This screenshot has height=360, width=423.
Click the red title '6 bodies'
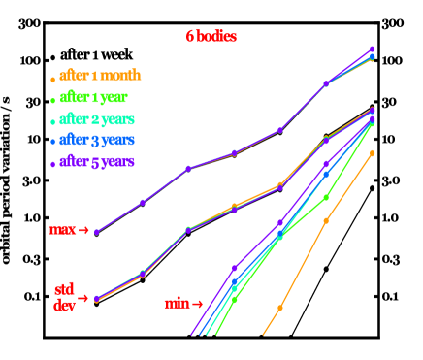(x=211, y=36)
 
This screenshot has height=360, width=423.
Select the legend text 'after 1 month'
(x=99, y=75)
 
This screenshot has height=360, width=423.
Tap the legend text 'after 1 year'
(x=93, y=97)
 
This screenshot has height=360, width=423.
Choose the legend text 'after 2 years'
(x=97, y=119)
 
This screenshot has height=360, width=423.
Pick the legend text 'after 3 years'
(x=97, y=141)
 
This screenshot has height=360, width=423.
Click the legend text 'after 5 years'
(x=97, y=162)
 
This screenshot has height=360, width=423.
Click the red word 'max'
(x=62, y=230)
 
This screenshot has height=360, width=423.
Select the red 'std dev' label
(x=64, y=297)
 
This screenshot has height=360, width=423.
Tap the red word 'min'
(x=177, y=304)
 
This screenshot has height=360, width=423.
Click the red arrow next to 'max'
(x=83, y=231)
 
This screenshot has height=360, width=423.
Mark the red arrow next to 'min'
(x=198, y=304)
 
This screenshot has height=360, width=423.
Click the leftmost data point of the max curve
(x=97, y=232)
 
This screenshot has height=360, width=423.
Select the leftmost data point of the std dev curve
(x=97, y=299)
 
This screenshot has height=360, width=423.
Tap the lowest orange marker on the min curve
(x=280, y=308)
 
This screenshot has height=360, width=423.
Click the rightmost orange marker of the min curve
(x=373, y=153)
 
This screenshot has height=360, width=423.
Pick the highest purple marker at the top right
(x=373, y=49)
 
